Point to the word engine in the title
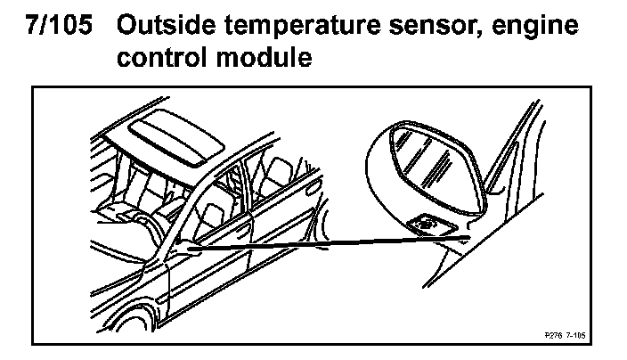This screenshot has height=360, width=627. click(x=536, y=28)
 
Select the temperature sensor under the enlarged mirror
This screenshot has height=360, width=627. click(x=426, y=225)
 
